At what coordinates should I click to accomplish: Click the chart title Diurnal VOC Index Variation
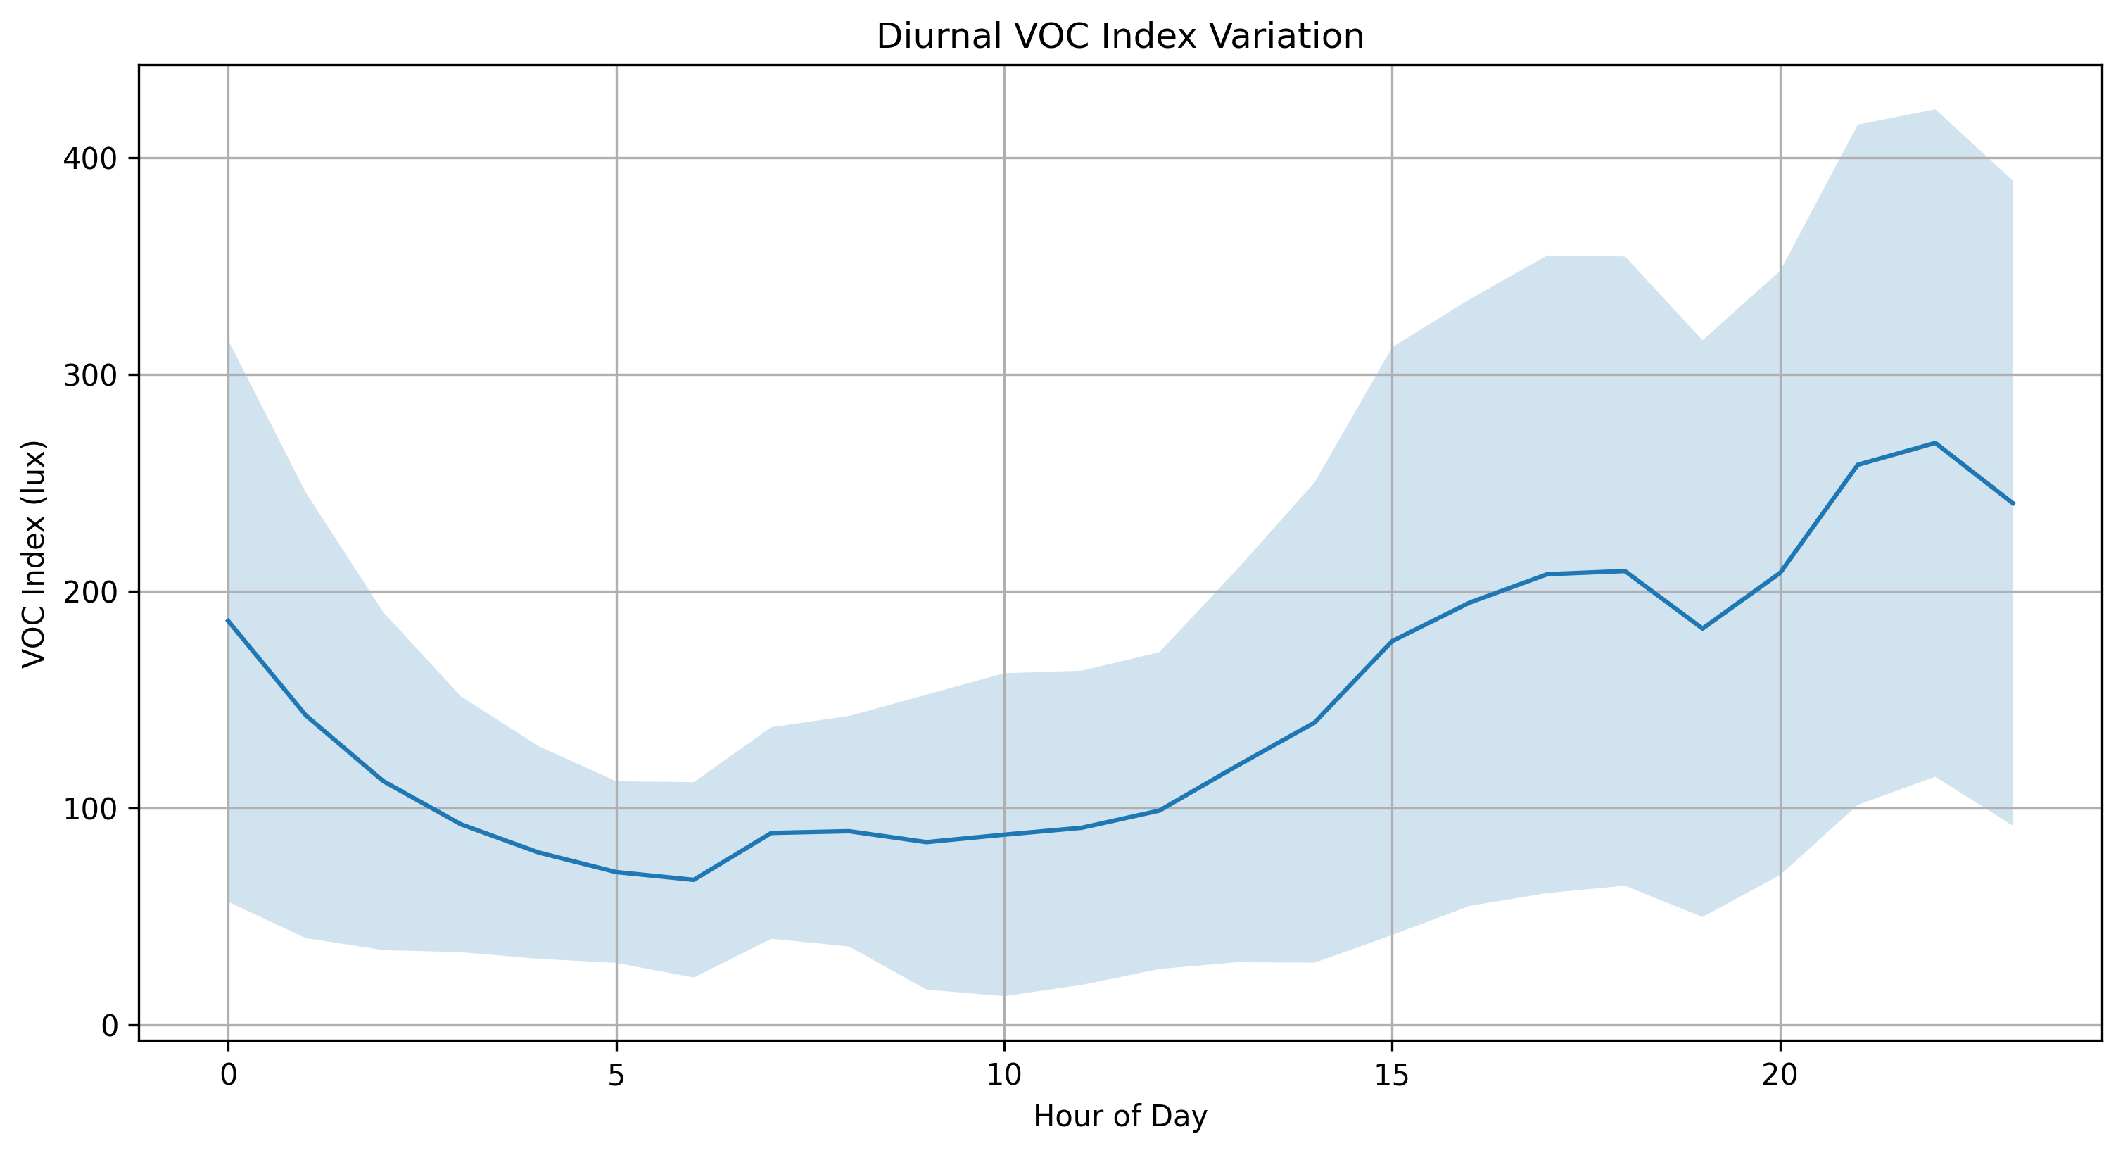coord(1120,37)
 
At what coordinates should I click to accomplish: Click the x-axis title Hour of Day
coord(1120,1116)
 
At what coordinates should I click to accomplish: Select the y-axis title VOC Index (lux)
coord(34,554)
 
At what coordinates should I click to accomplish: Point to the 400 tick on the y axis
coord(90,158)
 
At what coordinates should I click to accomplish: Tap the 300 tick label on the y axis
coord(90,375)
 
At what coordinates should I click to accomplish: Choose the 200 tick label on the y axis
coord(90,592)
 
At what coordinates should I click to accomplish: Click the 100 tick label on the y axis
coord(90,809)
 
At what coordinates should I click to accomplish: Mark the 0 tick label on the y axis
coord(109,1026)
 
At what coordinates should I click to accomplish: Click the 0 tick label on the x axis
coord(228,1076)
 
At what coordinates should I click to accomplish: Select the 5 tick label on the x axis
coord(616,1076)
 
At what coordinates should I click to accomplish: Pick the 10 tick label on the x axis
coord(1004,1076)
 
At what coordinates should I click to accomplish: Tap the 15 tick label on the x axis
coord(1392,1076)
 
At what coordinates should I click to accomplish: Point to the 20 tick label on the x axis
coord(1780,1076)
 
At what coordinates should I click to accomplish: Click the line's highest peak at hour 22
coord(1935,443)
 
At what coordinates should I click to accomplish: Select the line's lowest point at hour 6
coord(694,880)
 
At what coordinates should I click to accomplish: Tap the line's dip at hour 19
coord(1703,629)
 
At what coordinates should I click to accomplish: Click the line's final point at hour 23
coord(2013,503)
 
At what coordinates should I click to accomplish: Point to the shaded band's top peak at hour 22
coord(1935,110)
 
